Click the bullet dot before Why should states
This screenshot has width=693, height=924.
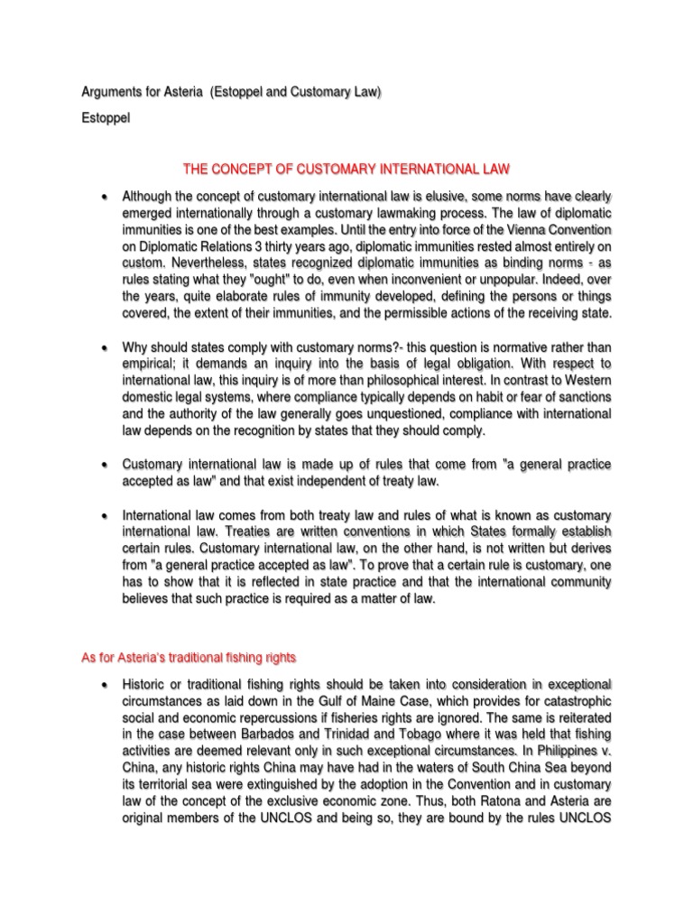pyautogui.click(x=105, y=347)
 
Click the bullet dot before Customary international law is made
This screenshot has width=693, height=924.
pyautogui.click(x=105, y=465)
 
